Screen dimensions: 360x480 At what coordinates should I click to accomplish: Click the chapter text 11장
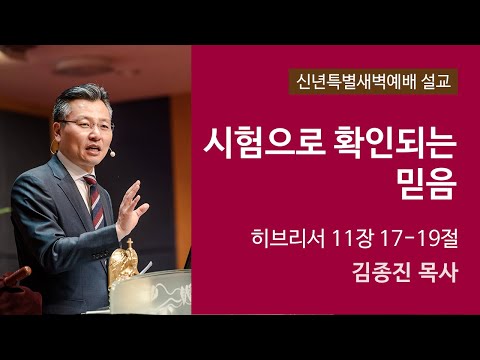(x=354, y=238)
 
